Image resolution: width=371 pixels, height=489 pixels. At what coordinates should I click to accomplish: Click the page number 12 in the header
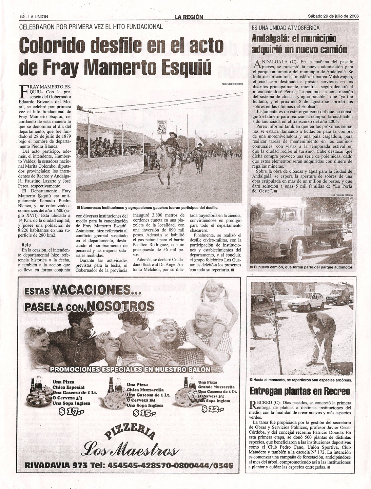(x=21, y=17)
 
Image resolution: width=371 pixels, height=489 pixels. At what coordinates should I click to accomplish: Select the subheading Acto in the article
(x=26, y=245)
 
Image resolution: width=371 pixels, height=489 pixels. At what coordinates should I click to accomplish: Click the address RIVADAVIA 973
(x=57, y=465)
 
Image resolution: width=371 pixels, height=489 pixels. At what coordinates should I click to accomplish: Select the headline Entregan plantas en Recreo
(x=300, y=391)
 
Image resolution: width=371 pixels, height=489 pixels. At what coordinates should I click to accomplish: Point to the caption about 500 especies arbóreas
(x=301, y=380)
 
